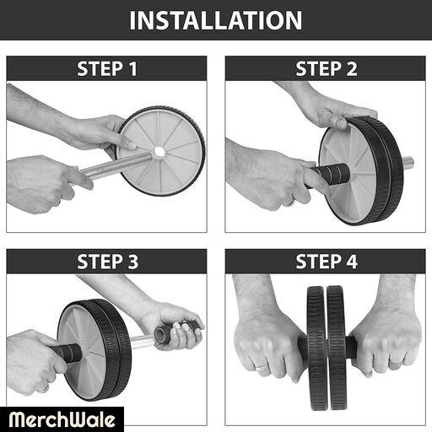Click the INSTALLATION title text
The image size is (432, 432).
[x=216, y=20]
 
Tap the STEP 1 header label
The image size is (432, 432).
[x=107, y=68]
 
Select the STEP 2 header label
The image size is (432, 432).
[x=327, y=68]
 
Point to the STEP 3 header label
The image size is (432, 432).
[x=108, y=262]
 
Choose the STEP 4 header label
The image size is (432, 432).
[x=327, y=262]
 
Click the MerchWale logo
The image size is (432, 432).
[x=62, y=419]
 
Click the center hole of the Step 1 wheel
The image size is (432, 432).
[x=159, y=152]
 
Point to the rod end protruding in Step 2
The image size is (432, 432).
[x=408, y=163]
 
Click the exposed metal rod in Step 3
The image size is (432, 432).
[x=143, y=343]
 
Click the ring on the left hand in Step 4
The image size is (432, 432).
[x=262, y=367]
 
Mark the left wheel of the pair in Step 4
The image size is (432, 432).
[x=317, y=348]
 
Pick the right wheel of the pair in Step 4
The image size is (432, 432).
[x=337, y=348]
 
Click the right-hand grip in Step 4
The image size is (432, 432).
[x=352, y=347]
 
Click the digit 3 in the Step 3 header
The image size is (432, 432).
[x=133, y=262]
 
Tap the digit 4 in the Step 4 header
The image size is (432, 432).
[x=352, y=262]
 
